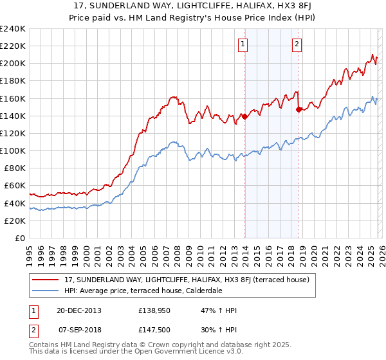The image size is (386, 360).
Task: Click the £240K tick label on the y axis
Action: [x=12, y=29]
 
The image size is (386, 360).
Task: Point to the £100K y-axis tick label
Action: [x=12, y=150]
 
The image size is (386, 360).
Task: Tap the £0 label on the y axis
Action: [x=20, y=238]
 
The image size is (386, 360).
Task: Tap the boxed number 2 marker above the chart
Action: [x=297, y=44]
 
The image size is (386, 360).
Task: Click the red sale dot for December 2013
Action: [x=244, y=116]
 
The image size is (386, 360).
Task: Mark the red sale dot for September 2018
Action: [x=299, y=109]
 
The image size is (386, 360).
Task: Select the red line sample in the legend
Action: [x=46, y=280]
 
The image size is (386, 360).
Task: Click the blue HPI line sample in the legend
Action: [x=46, y=290]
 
